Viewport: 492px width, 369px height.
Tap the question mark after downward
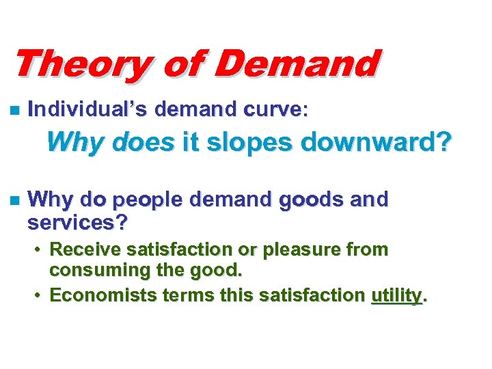point(444,142)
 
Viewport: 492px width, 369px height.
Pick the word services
point(76,223)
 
